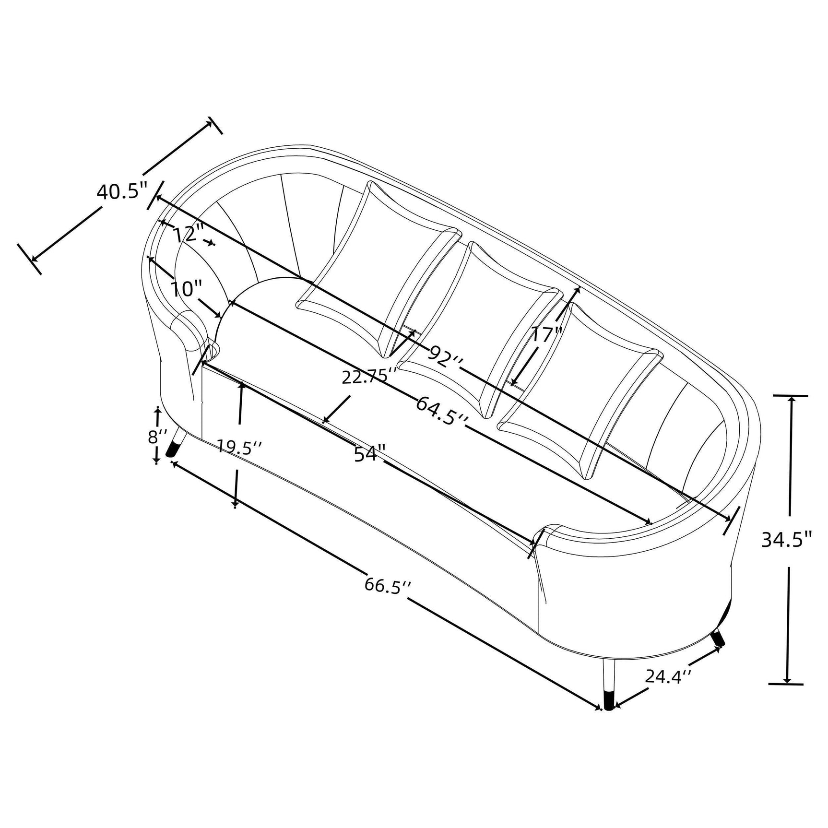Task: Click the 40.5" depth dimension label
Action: click(x=121, y=192)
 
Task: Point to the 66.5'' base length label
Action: click(x=388, y=586)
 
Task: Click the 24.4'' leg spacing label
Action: click(x=668, y=676)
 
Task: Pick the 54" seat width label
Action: click(x=370, y=454)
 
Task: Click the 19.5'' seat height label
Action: click(x=239, y=447)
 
